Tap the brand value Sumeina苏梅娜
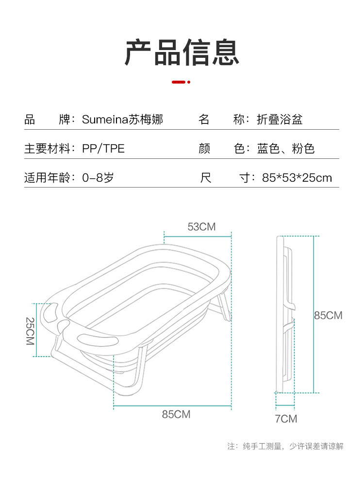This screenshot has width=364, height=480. [122, 120]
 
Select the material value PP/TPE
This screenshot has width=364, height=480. [103, 149]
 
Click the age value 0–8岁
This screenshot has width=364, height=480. [98, 177]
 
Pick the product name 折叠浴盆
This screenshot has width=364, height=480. [280, 120]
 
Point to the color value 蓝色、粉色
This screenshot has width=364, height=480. [286, 149]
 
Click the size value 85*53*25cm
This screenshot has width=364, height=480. [297, 177]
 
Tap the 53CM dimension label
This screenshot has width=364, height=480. [201, 226]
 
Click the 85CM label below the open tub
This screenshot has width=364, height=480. [176, 414]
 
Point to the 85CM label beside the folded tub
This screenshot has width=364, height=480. [328, 315]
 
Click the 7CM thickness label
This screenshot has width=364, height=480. [286, 419]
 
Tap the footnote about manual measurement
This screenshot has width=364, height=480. [285, 446]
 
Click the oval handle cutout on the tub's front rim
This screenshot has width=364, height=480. [99, 339]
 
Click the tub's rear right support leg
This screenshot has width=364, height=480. [224, 306]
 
